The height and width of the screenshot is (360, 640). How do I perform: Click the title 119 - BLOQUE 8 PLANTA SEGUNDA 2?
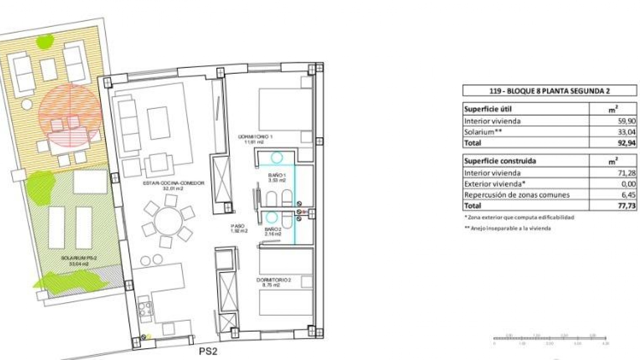pyautogui.click(x=549, y=91)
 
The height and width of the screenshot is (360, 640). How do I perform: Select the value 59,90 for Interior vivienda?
pyautogui.click(x=627, y=121)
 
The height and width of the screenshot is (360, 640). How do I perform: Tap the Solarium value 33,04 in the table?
pyautogui.click(x=627, y=132)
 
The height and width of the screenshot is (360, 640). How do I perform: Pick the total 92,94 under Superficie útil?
pyautogui.click(x=627, y=143)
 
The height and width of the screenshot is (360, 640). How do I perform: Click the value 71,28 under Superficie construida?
pyautogui.click(x=627, y=173)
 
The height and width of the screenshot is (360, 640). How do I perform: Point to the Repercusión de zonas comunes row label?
pyautogui.click(x=517, y=195)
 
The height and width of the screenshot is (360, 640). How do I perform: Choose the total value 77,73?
pyautogui.click(x=627, y=206)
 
